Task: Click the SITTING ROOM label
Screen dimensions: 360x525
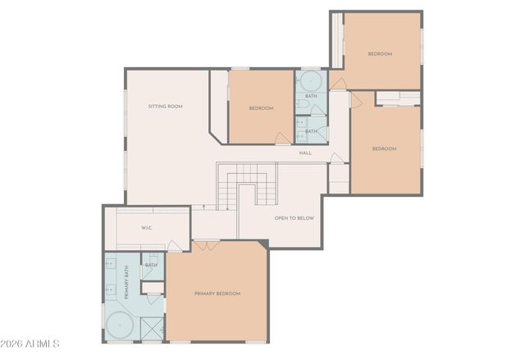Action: [165, 107]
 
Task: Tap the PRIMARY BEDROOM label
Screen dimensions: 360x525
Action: [217, 293]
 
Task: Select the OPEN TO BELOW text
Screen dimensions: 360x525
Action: [294, 218]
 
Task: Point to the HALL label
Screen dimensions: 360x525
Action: [305, 153]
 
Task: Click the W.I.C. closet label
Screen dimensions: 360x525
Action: [148, 227]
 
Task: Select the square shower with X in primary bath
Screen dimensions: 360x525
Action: [152, 328]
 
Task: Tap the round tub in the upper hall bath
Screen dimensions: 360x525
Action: [311, 81]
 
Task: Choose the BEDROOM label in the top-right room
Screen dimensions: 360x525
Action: [380, 54]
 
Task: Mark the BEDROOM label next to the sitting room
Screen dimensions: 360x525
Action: [261, 108]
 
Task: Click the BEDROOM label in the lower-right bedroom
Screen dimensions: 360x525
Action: [384, 148]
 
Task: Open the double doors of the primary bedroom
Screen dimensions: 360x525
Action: [207, 244]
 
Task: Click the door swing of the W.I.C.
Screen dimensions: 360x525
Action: [174, 244]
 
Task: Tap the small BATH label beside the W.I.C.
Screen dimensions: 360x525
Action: [152, 265]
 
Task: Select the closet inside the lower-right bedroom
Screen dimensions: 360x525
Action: [398, 98]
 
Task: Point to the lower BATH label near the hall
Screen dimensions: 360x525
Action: [311, 131]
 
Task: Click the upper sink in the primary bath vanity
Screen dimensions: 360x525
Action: [110, 263]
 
